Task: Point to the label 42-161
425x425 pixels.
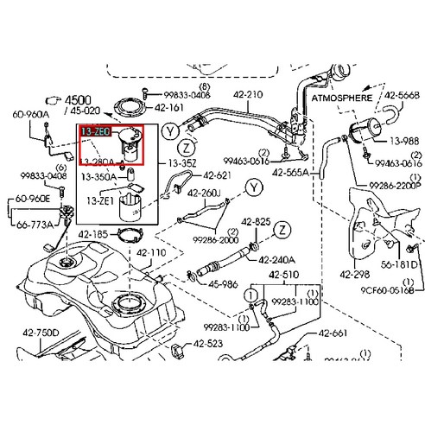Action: [169, 108]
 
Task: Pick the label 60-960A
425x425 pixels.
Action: [29, 113]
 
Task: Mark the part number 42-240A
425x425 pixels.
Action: [276, 259]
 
